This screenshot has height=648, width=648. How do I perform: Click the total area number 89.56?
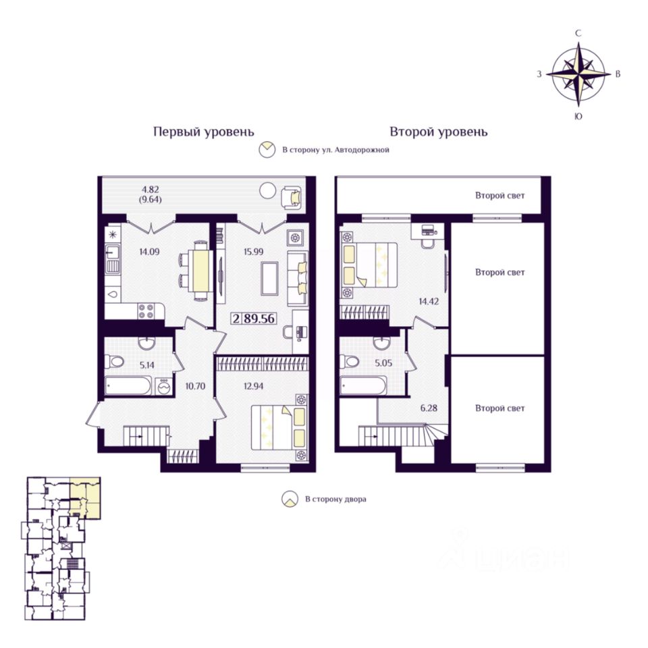click(x=259, y=319)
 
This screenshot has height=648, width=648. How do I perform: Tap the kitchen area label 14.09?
click(x=149, y=252)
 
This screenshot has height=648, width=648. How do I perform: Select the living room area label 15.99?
click(x=253, y=252)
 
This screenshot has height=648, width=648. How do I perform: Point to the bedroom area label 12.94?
click(x=253, y=386)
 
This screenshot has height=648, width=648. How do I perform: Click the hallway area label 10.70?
click(x=195, y=386)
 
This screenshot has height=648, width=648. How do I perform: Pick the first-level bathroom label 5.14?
click(x=146, y=365)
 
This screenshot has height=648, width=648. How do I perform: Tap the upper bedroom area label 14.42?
click(x=429, y=301)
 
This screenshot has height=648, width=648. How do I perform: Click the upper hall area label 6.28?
click(x=429, y=408)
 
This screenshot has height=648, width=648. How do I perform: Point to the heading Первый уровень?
click(x=204, y=132)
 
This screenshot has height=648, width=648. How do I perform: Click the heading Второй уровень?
click(x=439, y=132)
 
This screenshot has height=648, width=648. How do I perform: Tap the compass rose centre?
click(x=578, y=75)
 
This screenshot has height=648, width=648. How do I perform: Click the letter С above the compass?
click(x=578, y=34)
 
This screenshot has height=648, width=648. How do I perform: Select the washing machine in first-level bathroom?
click(x=164, y=386)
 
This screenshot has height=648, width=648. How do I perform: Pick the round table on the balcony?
click(x=267, y=190)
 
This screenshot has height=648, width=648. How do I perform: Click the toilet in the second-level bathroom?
click(x=350, y=362)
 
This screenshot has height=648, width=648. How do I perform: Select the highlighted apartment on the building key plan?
click(x=85, y=497)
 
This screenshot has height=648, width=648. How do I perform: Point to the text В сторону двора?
click(x=335, y=500)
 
